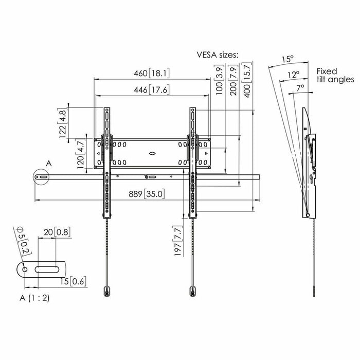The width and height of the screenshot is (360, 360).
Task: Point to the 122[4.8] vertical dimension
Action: tap(64, 123)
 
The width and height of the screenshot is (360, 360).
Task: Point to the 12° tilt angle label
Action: tap(294, 75)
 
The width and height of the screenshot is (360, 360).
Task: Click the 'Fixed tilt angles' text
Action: tap(334, 76)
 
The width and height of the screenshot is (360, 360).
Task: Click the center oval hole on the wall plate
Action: tap(152, 153)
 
